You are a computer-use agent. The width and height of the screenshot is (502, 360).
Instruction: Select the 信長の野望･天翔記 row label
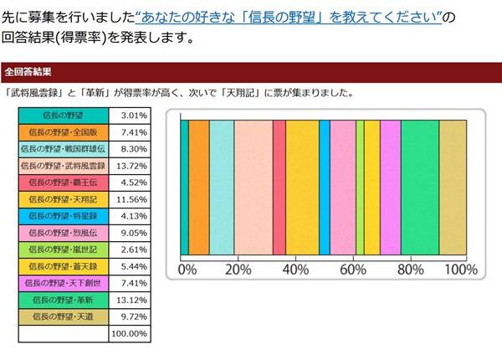tap(63, 199)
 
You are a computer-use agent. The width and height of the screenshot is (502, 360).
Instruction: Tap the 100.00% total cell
tap(130, 332)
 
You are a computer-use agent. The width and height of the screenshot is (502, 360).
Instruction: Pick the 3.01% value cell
tap(130, 116)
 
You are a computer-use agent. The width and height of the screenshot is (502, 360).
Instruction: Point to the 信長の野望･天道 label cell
tap(63, 316)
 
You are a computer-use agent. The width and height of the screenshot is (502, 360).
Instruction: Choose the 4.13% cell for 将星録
tap(130, 216)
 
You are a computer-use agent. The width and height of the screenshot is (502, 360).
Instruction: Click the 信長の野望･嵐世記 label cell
tap(63, 249)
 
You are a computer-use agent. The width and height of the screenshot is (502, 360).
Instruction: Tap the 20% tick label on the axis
tap(238, 270)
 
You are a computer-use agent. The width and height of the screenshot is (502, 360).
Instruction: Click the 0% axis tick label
tap(187, 270)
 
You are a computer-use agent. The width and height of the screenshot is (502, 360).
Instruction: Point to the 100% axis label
tap(459, 270)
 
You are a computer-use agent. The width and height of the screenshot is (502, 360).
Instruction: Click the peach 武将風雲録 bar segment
tap(254, 186)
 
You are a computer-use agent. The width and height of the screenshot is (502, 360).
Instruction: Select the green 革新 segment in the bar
tap(420, 186)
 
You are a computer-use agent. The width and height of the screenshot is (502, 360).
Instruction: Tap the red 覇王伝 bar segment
tap(279, 186)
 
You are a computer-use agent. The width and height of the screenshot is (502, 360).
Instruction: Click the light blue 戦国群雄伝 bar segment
tap(222, 186)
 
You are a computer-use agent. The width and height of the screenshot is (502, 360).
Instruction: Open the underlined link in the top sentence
tap(289, 17)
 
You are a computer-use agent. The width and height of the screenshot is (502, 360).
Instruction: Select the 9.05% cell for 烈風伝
tap(130, 233)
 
